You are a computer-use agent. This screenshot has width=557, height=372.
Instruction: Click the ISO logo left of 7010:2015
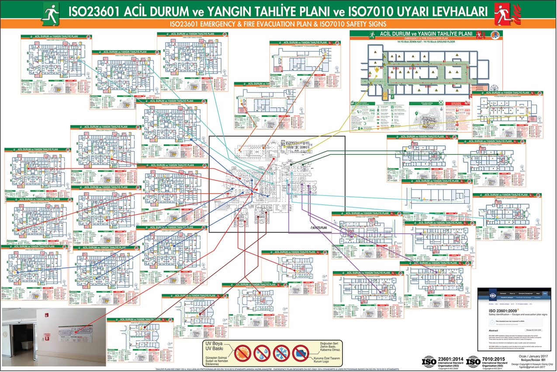[x=473, y=362]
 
